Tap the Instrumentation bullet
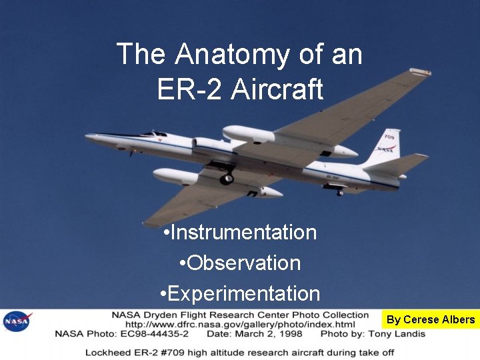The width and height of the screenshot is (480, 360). (240, 233)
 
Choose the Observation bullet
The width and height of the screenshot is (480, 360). (240, 263)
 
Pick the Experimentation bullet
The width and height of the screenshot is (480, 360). (240, 294)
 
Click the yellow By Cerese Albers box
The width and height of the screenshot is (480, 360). (431, 319)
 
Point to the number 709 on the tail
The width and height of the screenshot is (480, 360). (389, 137)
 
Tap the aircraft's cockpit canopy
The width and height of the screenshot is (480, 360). (155, 134)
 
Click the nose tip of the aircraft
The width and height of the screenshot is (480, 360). (87, 137)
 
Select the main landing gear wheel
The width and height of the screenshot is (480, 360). (227, 178)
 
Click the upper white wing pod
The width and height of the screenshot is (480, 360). (249, 134)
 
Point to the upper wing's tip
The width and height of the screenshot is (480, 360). (420, 71)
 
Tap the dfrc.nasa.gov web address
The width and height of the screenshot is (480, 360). (240, 324)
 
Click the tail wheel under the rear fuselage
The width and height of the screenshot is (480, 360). (339, 193)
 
